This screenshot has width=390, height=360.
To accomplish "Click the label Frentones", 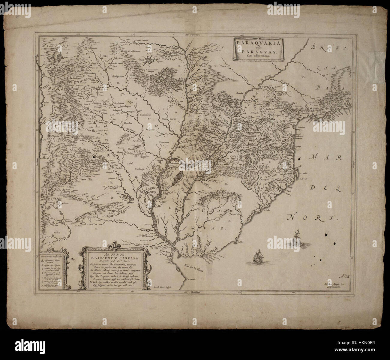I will point(166,142).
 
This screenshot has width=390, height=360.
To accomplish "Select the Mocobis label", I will point(128,123).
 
